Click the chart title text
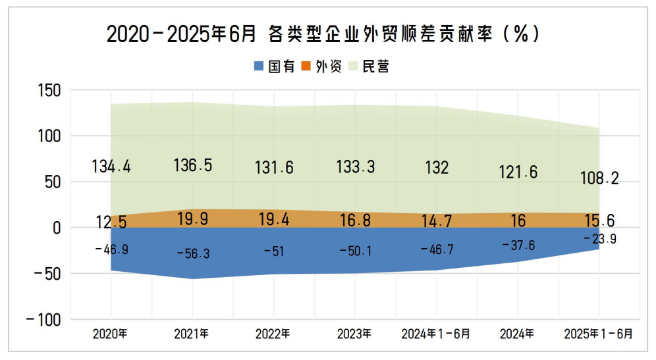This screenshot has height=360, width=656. tap(323, 34)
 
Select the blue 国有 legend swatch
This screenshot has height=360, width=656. tap(259, 66)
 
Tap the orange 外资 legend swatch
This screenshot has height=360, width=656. tap(306, 66)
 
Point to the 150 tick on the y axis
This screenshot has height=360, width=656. tap(47, 91)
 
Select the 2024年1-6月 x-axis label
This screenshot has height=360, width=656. tap(435, 334)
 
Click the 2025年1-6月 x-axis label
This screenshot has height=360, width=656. tap(598, 334)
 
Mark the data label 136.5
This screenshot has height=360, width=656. tap(192, 165)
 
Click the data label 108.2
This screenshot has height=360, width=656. tap(599, 178)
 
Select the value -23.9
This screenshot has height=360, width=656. tap(599, 239)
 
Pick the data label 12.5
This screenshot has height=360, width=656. tap(110, 222)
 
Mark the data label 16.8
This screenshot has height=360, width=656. tap(355, 220)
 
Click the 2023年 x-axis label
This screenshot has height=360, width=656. tap(354, 334)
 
